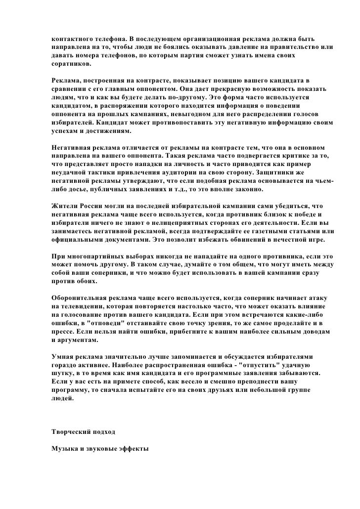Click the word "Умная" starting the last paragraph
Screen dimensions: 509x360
pyautogui.click(x=62, y=355)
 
